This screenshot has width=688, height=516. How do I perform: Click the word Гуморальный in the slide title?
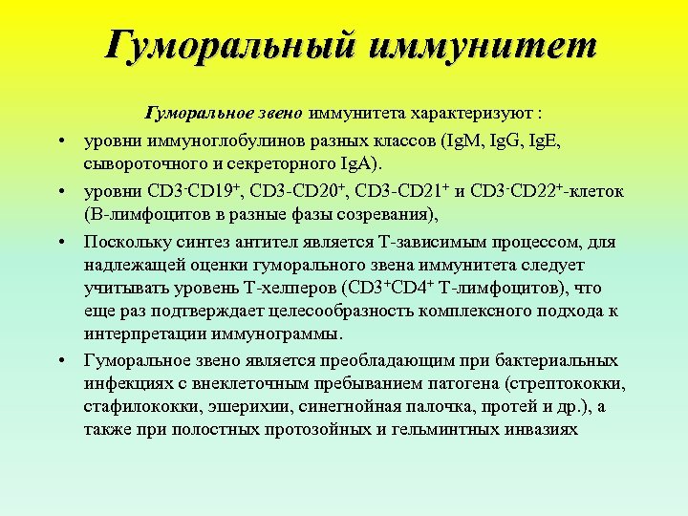point(228,45)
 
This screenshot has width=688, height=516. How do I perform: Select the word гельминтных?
point(441,430)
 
